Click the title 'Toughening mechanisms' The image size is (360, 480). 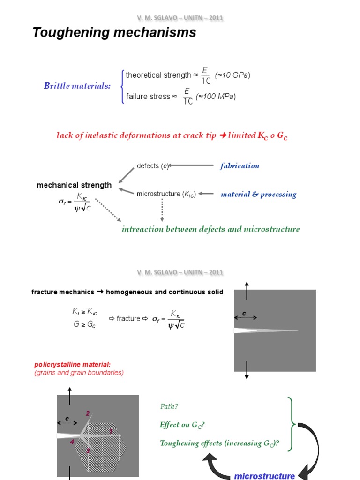click(114, 33)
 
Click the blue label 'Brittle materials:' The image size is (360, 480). click(77, 85)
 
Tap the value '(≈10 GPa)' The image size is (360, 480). click(232, 75)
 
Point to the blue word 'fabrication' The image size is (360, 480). click(240, 165)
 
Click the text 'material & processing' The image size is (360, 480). click(258, 194)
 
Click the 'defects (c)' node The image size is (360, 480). click(152, 166)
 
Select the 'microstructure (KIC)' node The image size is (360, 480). click(166, 194)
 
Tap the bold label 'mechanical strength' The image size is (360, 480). click(74, 185)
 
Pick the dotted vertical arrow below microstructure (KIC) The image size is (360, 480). click(162, 210)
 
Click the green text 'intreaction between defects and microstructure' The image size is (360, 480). click(210, 229)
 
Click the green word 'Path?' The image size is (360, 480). click(169, 407)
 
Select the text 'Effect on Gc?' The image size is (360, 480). click(182, 425)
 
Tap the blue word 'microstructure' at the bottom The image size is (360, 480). click(264, 476)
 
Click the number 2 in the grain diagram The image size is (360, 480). click(87, 413)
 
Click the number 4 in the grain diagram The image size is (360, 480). click(72, 442)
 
